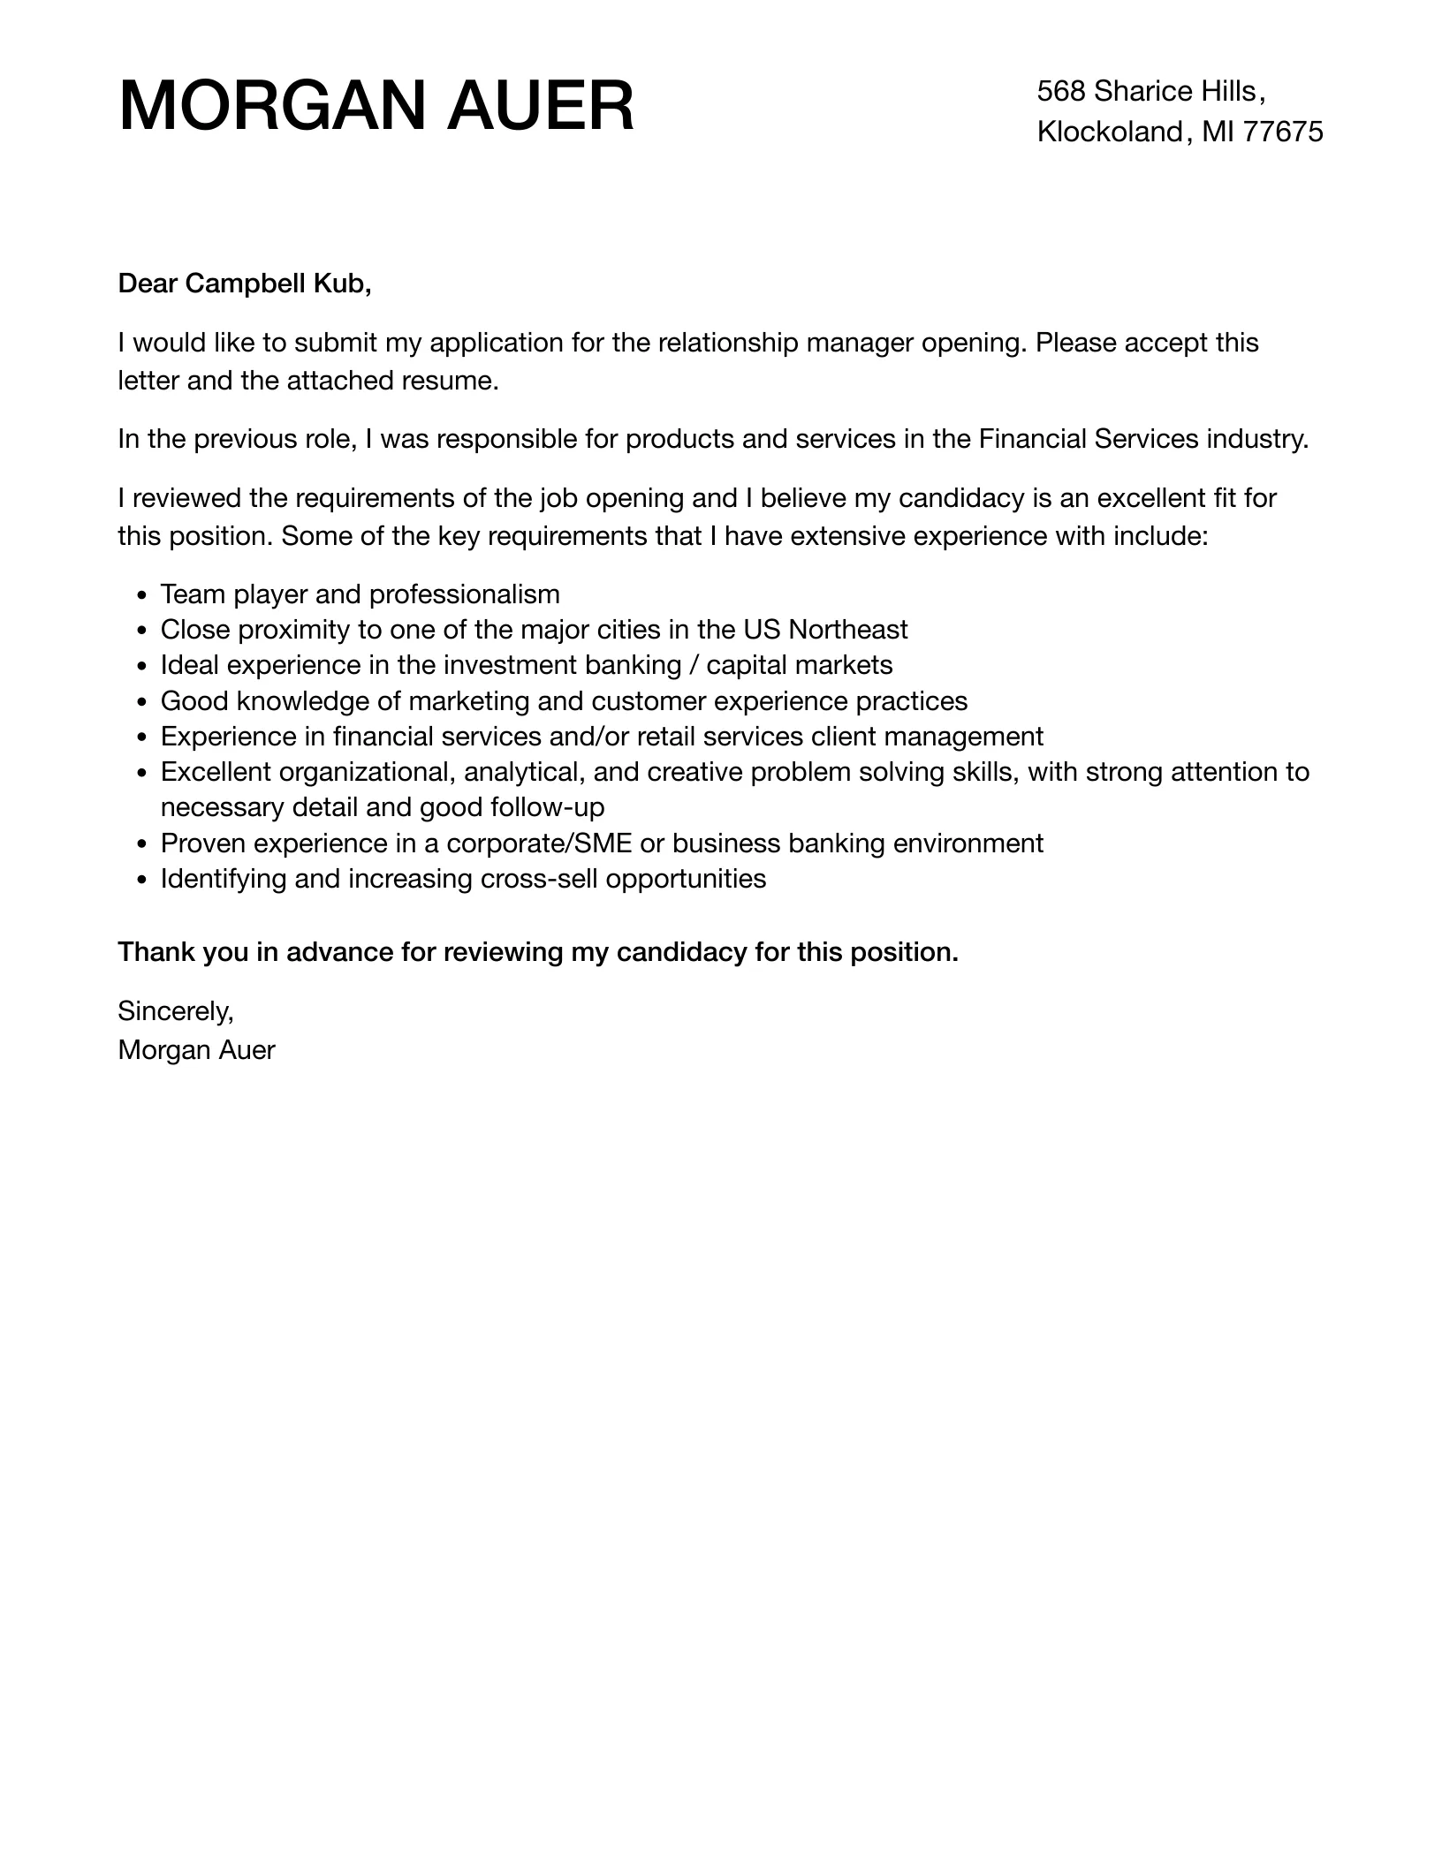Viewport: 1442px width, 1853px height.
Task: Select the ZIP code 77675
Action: click(x=1283, y=132)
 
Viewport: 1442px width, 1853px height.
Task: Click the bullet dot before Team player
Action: click(x=143, y=595)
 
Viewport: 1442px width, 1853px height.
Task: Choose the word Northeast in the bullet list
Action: click(x=847, y=630)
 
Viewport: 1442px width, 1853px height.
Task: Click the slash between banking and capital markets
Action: click(x=694, y=665)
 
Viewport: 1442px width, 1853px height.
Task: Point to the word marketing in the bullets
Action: click(x=468, y=701)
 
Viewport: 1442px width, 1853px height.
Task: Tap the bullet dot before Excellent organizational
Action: click(x=143, y=773)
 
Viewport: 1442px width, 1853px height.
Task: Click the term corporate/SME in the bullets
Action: click(x=539, y=843)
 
